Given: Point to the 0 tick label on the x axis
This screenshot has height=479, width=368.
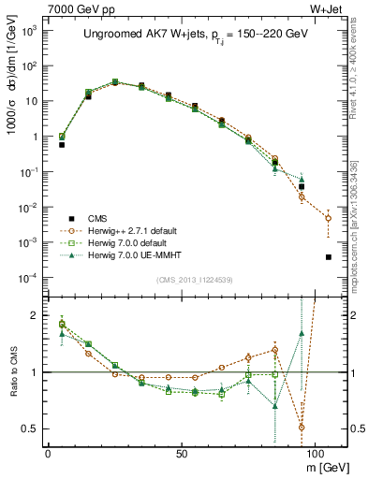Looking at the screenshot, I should tap(48, 452).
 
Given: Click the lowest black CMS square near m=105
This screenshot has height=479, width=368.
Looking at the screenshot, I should tap(328, 256).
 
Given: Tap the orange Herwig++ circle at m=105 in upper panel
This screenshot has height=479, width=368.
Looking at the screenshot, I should tap(328, 218).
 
